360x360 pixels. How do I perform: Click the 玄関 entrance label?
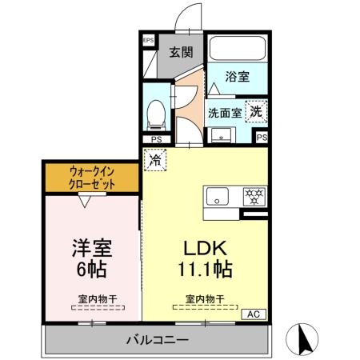pyautogui.click(x=181, y=53)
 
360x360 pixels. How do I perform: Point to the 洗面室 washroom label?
pyautogui.click(x=225, y=112)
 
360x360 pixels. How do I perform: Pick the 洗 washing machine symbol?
pyautogui.click(x=255, y=111)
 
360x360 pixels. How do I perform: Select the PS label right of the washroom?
pyautogui.click(x=262, y=138)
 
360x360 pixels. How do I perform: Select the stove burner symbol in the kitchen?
pyautogui.click(x=254, y=196)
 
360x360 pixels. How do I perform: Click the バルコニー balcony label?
pyautogui.click(x=157, y=340)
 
